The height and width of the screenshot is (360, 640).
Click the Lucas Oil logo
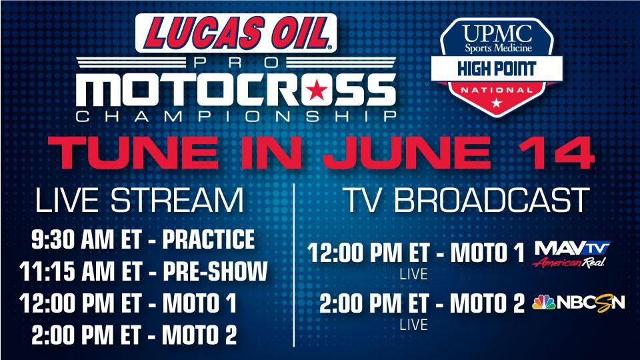pyautogui.click(x=236, y=33)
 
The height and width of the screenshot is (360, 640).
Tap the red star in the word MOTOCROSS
pyautogui.click(x=316, y=90)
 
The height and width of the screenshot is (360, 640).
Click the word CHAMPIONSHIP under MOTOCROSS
pyautogui.click(x=236, y=117)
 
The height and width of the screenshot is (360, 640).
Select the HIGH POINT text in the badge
pyautogui.click(x=497, y=69)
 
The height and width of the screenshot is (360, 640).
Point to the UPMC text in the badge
pyautogui.click(x=497, y=33)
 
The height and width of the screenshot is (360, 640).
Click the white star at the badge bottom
pyautogui.click(x=496, y=102)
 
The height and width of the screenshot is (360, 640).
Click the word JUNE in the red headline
pyautogui.click(x=407, y=153)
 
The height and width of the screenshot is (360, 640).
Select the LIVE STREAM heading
pyautogui.click(x=139, y=200)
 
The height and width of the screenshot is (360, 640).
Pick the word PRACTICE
pyautogui.click(x=209, y=239)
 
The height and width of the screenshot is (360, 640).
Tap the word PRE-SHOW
pyautogui.click(x=215, y=271)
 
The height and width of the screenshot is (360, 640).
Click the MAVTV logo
pyautogui.click(x=572, y=254)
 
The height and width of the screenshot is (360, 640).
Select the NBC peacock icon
pyautogui.click(x=544, y=303)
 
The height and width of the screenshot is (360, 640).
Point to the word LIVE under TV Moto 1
pyautogui.click(x=413, y=274)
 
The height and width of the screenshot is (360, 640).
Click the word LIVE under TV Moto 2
pyautogui.click(x=413, y=325)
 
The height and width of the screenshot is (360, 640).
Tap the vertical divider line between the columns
pyautogui.click(x=294, y=265)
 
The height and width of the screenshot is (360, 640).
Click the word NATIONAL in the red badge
pyautogui.click(x=497, y=90)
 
